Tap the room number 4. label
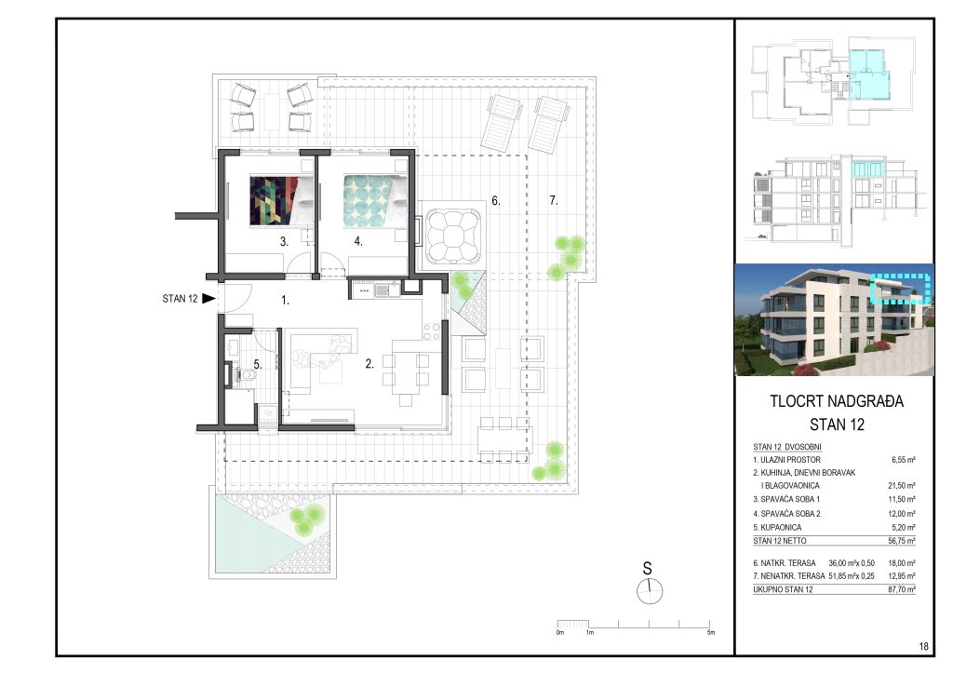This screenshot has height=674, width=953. click(x=357, y=241)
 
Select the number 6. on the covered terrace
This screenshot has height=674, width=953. click(x=496, y=200)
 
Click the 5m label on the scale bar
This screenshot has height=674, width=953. click(x=711, y=633)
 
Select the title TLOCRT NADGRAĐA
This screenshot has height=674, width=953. click(x=837, y=402)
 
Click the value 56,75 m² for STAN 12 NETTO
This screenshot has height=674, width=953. click(x=900, y=540)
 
